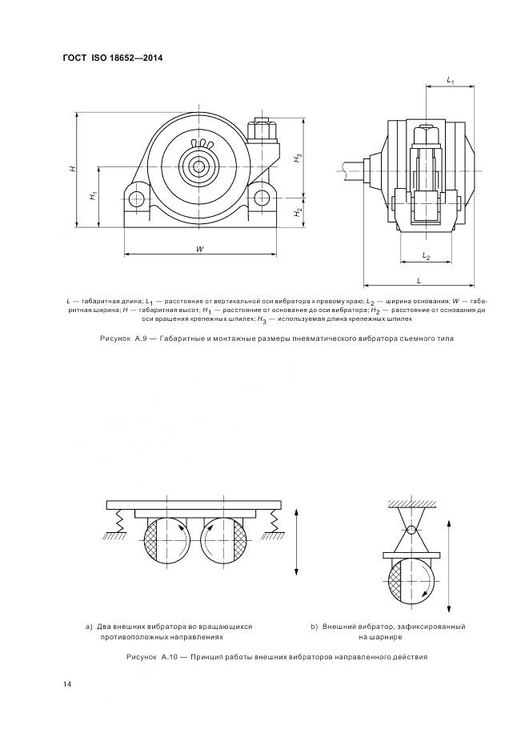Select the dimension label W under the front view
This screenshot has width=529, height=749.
coord(199,250)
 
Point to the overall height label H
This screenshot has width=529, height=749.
coord(72,169)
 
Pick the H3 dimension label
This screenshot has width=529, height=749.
coord(297,158)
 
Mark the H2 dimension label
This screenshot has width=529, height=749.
coord(297,212)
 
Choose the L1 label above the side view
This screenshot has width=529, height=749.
coord(451,82)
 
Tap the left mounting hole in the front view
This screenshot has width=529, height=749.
coord(137,198)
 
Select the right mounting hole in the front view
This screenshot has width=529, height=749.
coord(262,198)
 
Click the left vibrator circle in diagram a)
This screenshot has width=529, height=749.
coord(165,540)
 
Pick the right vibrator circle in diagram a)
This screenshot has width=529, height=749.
coord(225,540)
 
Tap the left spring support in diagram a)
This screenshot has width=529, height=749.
coord(117,523)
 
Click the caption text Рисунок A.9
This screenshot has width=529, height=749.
coord(126,338)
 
